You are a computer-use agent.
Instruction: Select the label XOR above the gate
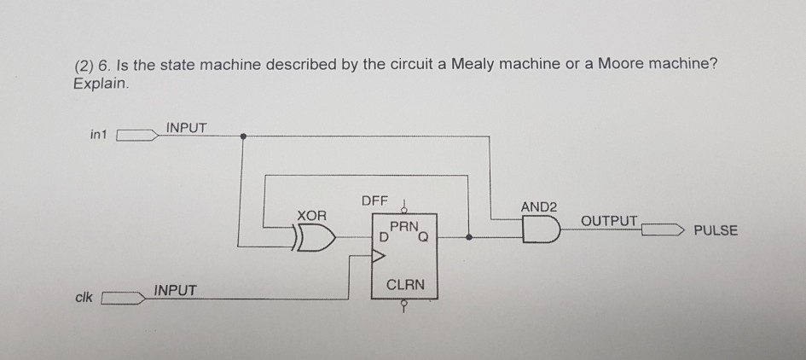[311, 216]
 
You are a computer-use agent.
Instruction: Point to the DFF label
[374, 201]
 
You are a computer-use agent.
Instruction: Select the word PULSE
[716, 230]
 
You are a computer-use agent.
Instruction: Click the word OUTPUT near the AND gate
[608, 221]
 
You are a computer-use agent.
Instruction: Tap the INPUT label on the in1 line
[186, 128]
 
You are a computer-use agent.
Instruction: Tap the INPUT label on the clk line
[176, 291]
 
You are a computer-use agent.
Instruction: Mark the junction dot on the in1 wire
[244, 136]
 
